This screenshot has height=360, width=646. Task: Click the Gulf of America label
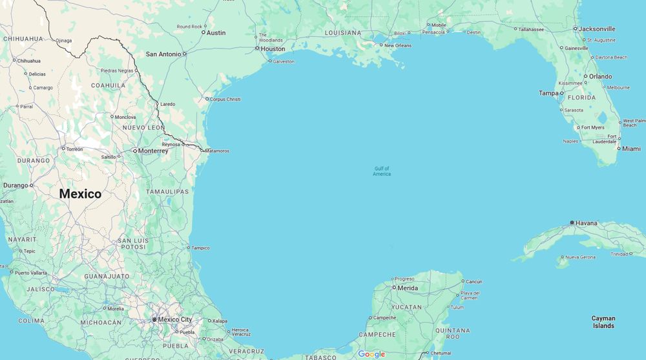pyautogui.click(x=382, y=171)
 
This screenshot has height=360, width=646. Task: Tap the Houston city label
pyautogui.click(x=273, y=48)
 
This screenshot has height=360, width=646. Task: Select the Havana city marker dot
pyautogui.click(x=572, y=223)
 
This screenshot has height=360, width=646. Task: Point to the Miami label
pyautogui.click(x=631, y=149)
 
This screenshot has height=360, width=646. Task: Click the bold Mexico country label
pyautogui.click(x=80, y=193)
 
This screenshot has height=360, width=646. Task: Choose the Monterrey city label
pyautogui.click(x=153, y=151)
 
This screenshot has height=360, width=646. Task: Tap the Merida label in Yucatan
pyautogui.click(x=408, y=288)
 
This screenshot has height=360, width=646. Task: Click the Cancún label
pyautogui.click(x=474, y=282)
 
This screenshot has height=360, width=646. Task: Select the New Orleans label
pyautogui.click(x=398, y=45)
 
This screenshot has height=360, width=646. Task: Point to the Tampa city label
pyautogui.click(x=548, y=93)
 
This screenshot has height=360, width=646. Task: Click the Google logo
pyautogui.click(x=371, y=354)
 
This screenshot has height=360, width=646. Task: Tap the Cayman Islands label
pyautogui.click(x=603, y=322)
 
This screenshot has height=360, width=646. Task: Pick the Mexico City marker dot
pyautogui.click(x=154, y=319)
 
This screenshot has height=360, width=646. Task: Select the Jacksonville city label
pyautogui.click(x=597, y=28)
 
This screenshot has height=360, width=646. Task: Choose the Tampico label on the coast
pyautogui.click(x=200, y=248)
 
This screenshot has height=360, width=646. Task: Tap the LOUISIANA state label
pyautogui.click(x=343, y=32)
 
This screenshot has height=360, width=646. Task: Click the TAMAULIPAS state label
pyautogui.click(x=167, y=191)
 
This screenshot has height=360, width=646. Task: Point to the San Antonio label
pyautogui.click(x=163, y=54)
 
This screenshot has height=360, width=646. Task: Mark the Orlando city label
pyautogui.click(x=600, y=76)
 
